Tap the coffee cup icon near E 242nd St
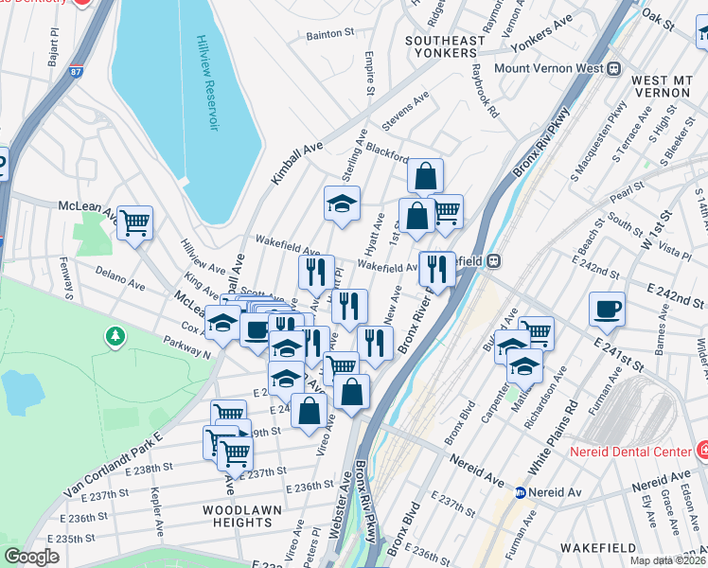[607, 308]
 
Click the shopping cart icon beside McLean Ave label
[135, 222]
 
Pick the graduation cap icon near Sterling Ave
[342, 202]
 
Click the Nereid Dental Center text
[634, 451]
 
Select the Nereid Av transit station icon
[520, 492]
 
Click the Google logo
[31, 556]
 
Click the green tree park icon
[115, 336]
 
